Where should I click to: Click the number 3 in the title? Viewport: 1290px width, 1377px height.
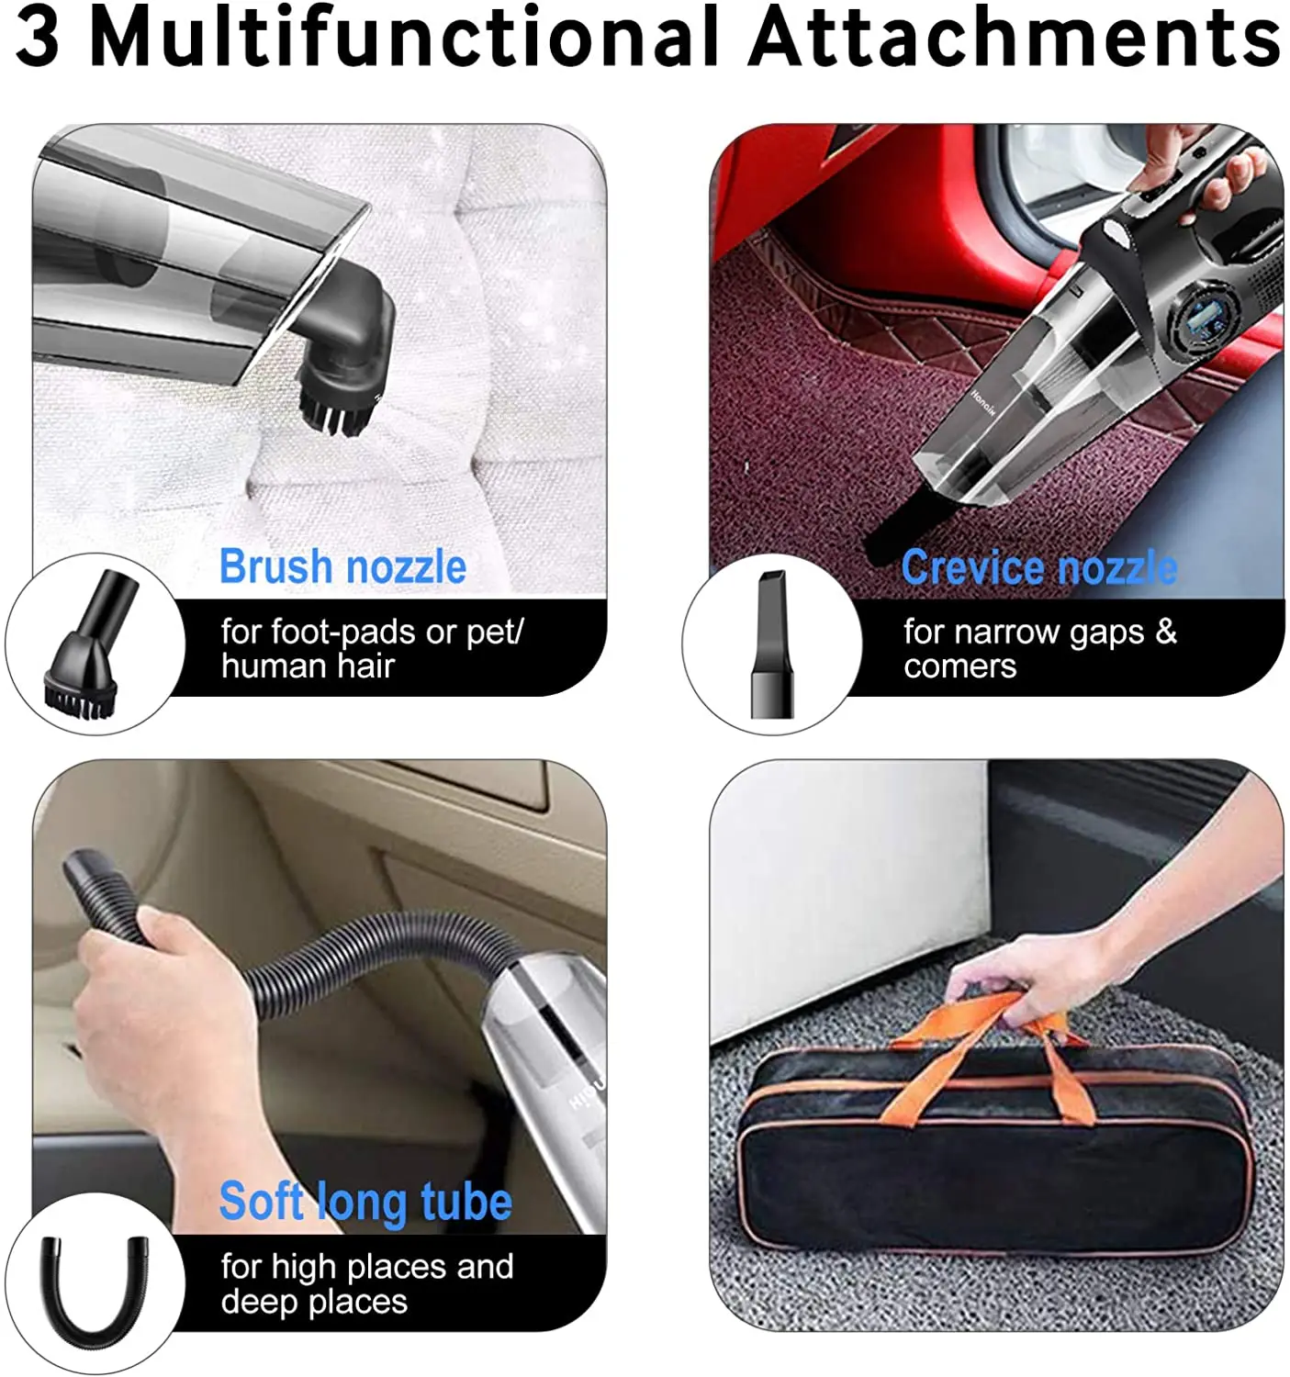pos(38,38)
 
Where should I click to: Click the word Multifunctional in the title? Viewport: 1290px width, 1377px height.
pos(403,38)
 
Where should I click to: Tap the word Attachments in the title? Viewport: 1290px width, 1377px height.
pos(1014,38)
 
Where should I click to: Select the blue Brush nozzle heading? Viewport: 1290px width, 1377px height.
pos(342,566)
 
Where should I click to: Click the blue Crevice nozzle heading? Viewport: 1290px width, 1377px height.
pos(1038,568)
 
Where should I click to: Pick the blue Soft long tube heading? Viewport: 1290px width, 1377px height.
pos(365,1202)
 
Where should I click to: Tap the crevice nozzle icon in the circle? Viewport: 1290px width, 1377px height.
pos(771,644)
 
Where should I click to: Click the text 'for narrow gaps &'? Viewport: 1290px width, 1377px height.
pos(1038,632)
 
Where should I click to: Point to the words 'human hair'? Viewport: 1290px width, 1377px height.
pos(308,666)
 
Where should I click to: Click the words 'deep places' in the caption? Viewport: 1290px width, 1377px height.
pos(314,1302)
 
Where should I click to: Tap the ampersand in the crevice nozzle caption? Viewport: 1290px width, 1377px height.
pos(1166,632)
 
